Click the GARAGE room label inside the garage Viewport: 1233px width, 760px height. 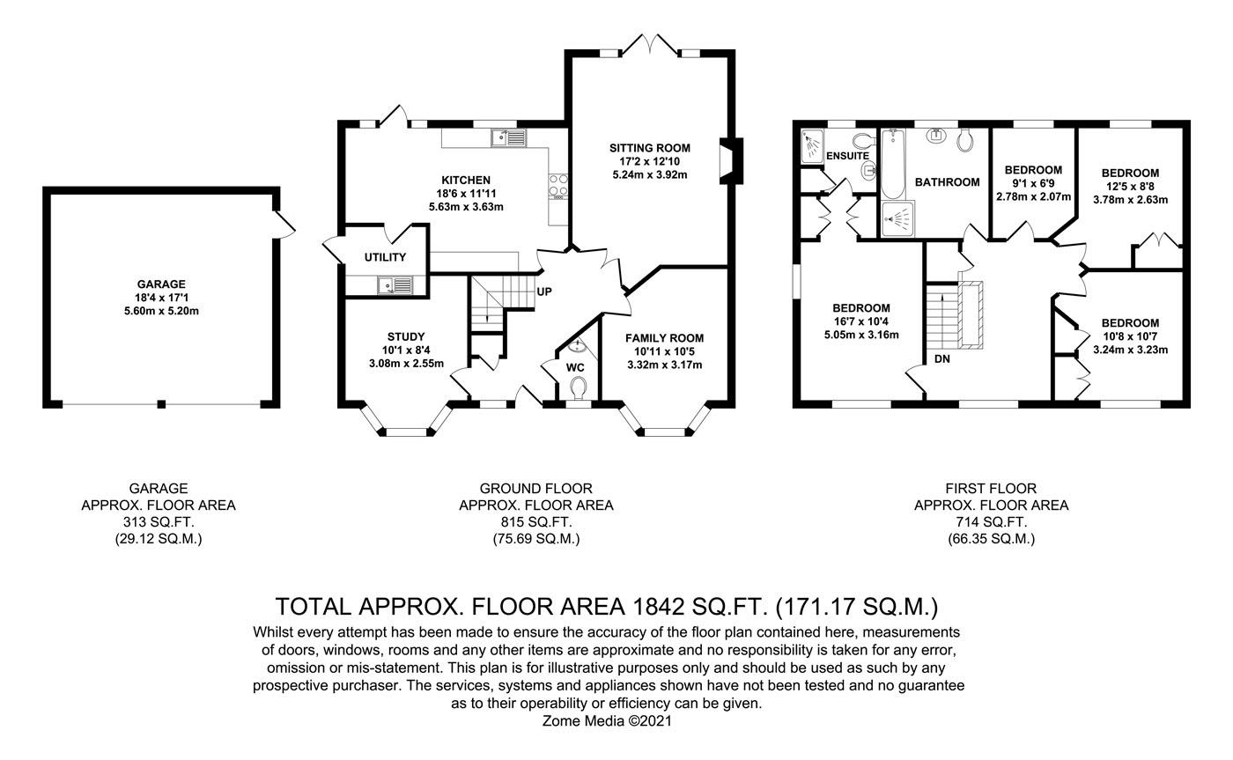(x=161, y=284)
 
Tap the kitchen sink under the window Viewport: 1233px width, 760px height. (x=508, y=137)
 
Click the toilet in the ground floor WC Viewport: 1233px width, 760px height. (x=578, y=387)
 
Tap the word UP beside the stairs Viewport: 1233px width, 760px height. (x=544, y=291)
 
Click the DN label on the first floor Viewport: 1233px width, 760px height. (x=941, y=359)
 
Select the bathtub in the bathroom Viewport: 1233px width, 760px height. (x=893, y=163)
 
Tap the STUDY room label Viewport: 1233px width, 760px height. (x=406, y=336)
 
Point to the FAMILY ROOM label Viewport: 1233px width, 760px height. (x=664, y=338)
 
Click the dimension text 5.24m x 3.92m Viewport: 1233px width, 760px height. (x=649, y=175)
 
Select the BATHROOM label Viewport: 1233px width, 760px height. (x=947, y=182)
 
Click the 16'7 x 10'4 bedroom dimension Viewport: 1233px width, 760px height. (x=861, y=321)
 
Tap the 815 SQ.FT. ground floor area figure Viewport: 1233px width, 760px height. (x=535, y=522)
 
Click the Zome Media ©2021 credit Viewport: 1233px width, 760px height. (x=608, y=720)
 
